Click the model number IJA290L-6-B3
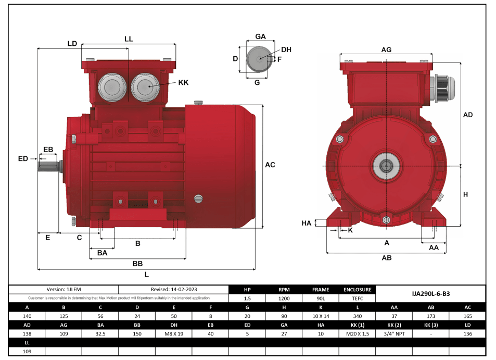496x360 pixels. pos(430,294)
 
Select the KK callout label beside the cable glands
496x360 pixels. pos(183,83)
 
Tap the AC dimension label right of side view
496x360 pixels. pos(270,165)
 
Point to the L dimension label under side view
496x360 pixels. pos(146,275)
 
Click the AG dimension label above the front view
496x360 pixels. pos(386,49)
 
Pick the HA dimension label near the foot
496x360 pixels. pos(307,223)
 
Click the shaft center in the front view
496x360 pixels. pos(386,166)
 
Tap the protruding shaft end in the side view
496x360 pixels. pos(48,166)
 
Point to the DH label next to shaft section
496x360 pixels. pos(286,49)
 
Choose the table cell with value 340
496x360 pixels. pos(358,316)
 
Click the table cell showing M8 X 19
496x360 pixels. pos(174,334)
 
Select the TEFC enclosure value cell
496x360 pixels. pos(358,299)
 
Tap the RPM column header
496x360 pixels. pos(284,290)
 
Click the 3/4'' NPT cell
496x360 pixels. pos(394,334)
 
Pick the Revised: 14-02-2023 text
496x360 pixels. pos(174,289)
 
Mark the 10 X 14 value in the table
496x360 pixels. pos(321,316)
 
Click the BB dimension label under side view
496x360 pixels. pos(137,264)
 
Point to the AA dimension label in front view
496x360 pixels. pos(434,248)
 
